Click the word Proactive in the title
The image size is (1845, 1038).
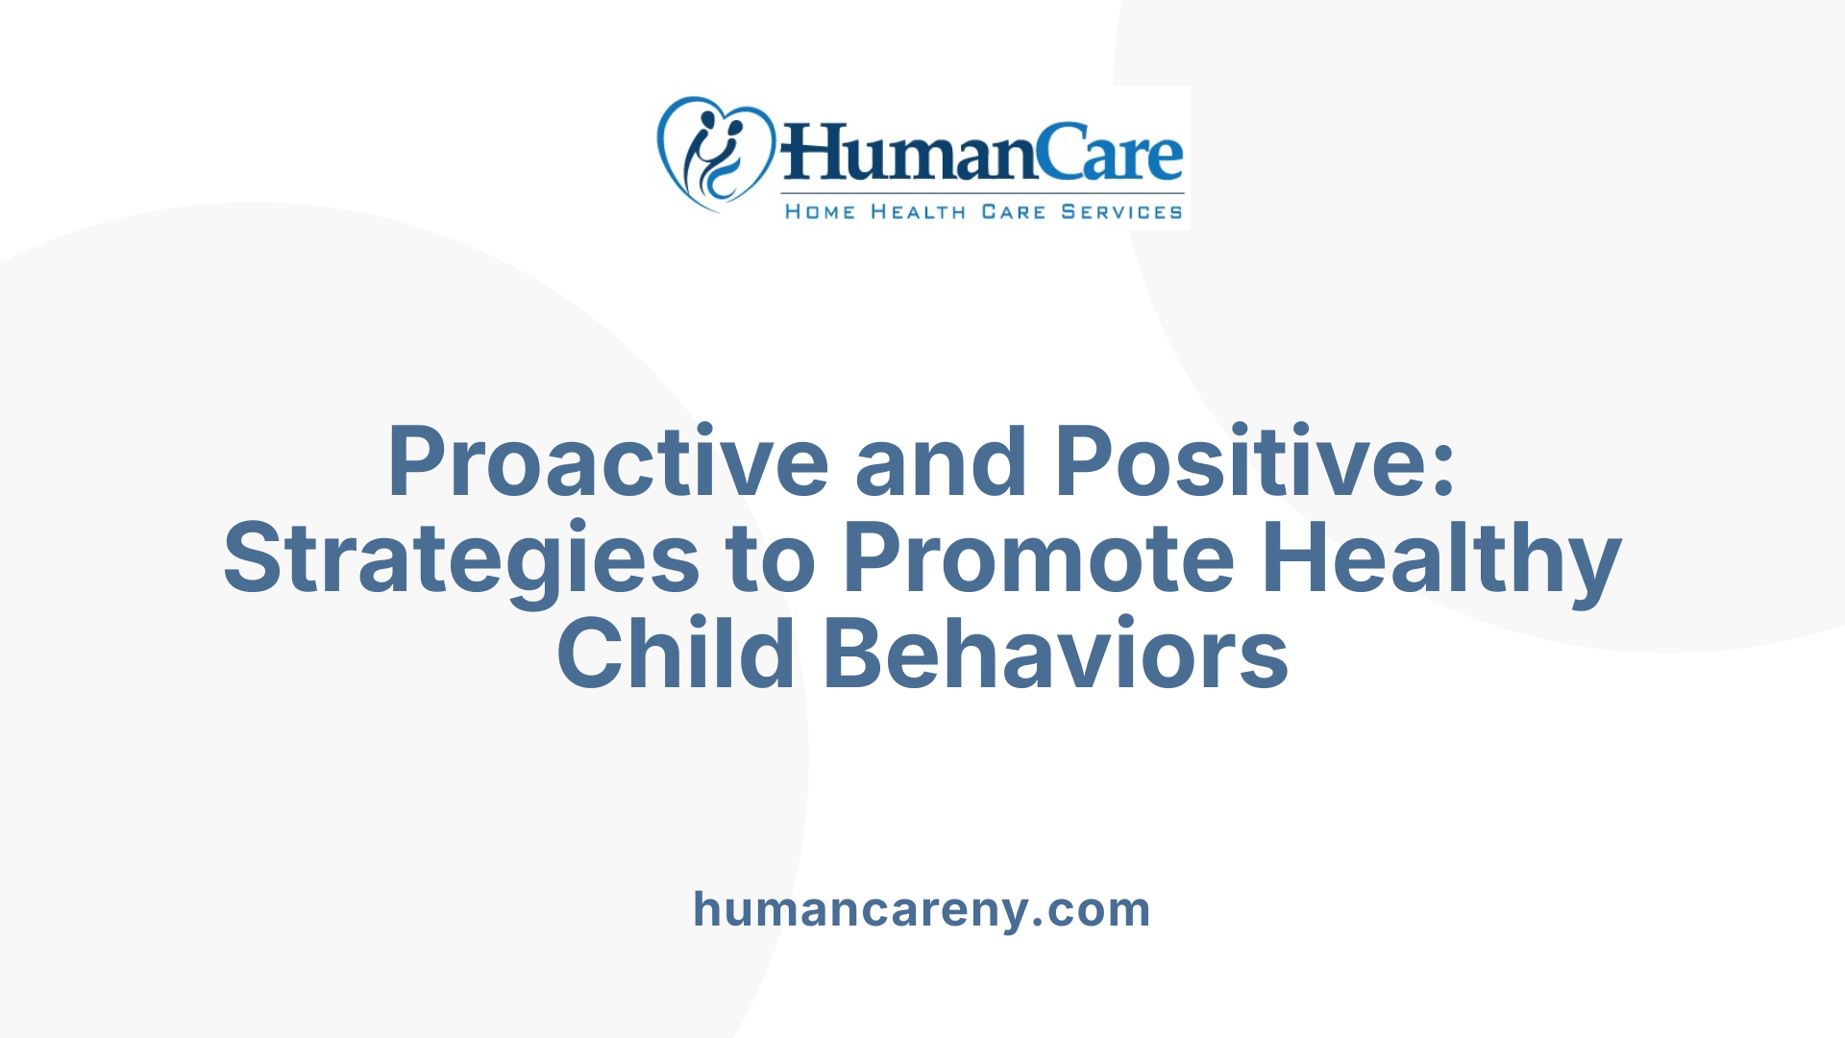[x=607, y=462]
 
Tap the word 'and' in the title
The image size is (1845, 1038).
[x=941, y=462]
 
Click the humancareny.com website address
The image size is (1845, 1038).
[x=922, y=909]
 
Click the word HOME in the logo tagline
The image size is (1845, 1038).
[x=820, y=211]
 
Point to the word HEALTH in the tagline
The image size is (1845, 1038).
[x=918, y=211]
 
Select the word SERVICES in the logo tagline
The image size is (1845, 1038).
[x=1121, y=211]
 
